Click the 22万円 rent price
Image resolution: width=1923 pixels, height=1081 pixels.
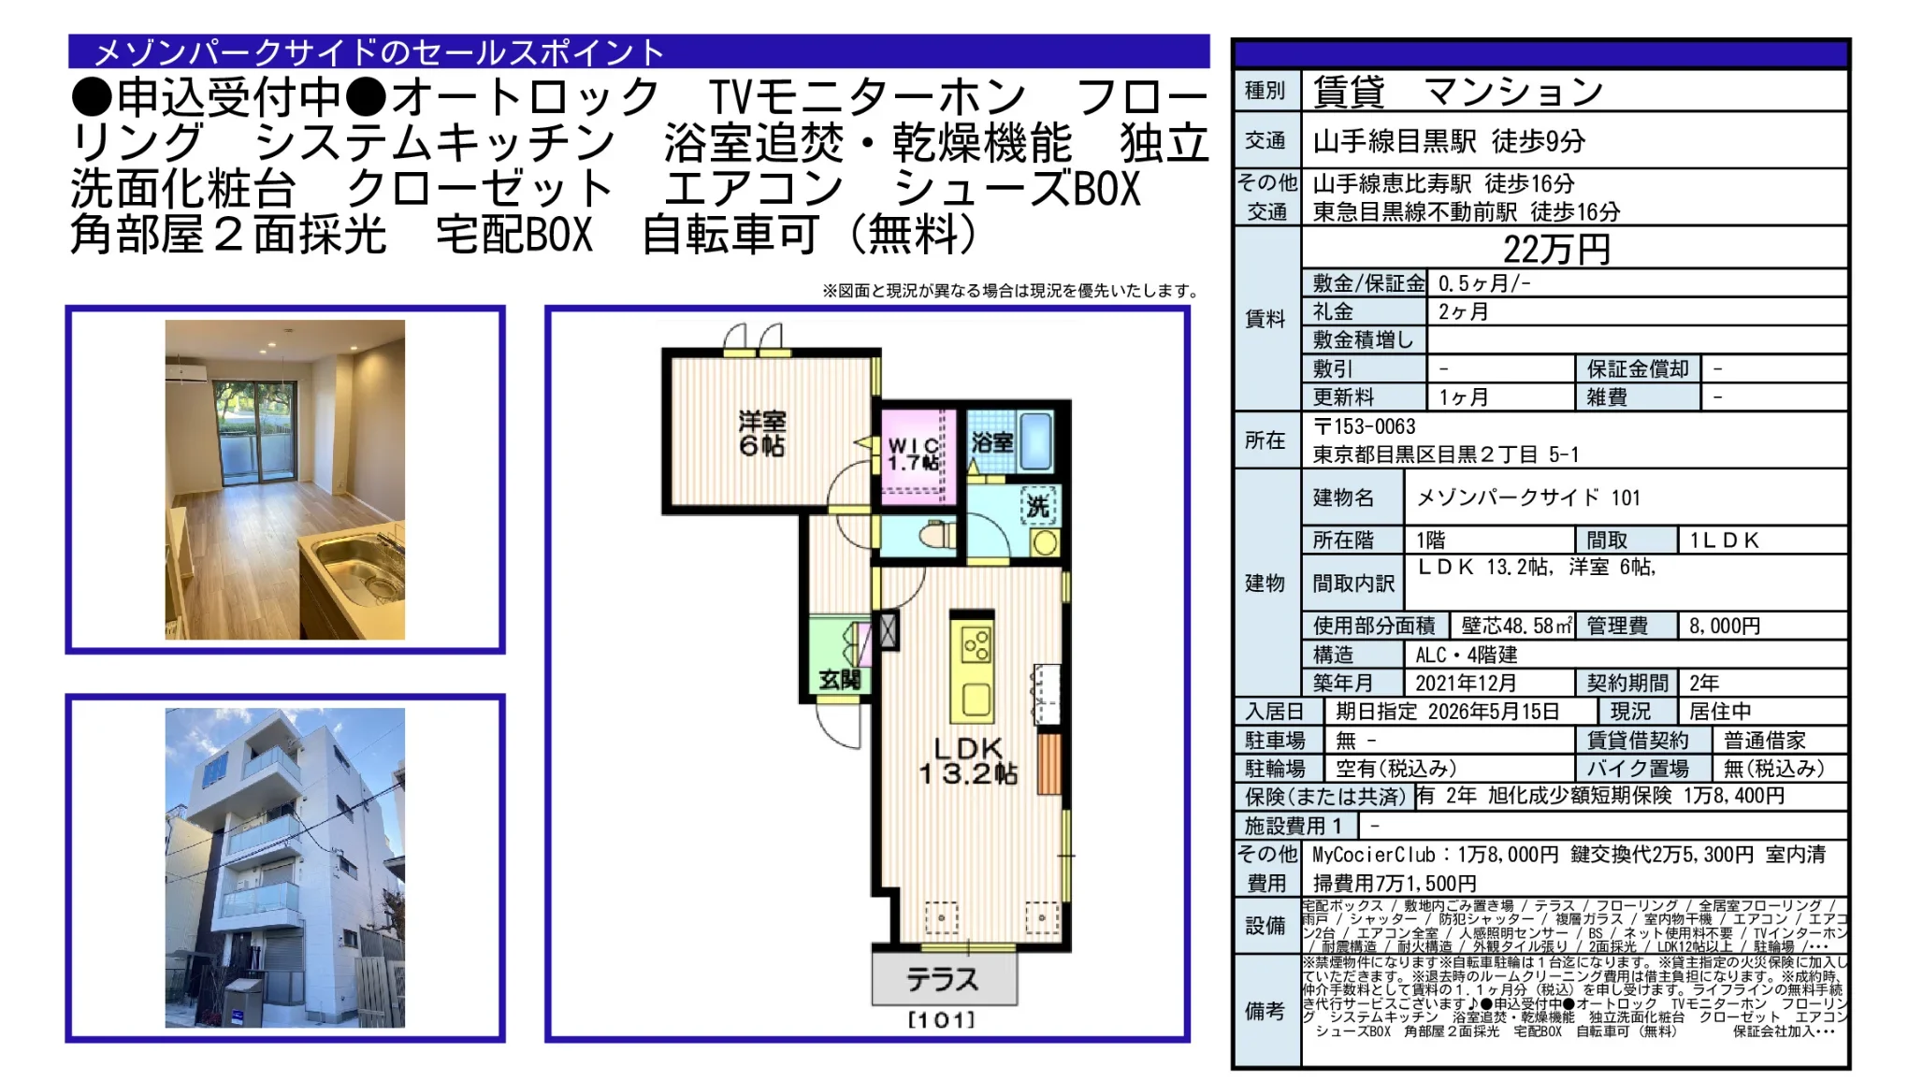coord(1555,249)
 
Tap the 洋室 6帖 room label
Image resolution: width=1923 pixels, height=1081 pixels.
coord(762,433)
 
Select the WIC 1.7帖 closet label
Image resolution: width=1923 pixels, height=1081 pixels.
coord(913,454)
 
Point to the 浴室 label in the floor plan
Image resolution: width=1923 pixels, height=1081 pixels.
coord(991,441)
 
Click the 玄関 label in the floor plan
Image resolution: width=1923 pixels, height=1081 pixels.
coord(839,679)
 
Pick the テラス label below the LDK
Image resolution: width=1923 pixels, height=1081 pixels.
coord(942,979)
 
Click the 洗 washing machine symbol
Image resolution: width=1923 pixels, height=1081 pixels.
coord(1037,507)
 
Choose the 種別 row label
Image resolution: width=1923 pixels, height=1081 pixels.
coord(1265,91)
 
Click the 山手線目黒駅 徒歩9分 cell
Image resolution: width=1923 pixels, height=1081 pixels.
coord(1449,141)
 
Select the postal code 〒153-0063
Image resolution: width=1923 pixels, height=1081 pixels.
coord(1365,426)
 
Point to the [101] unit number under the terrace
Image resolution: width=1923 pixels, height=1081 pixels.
coord(941,1020)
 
